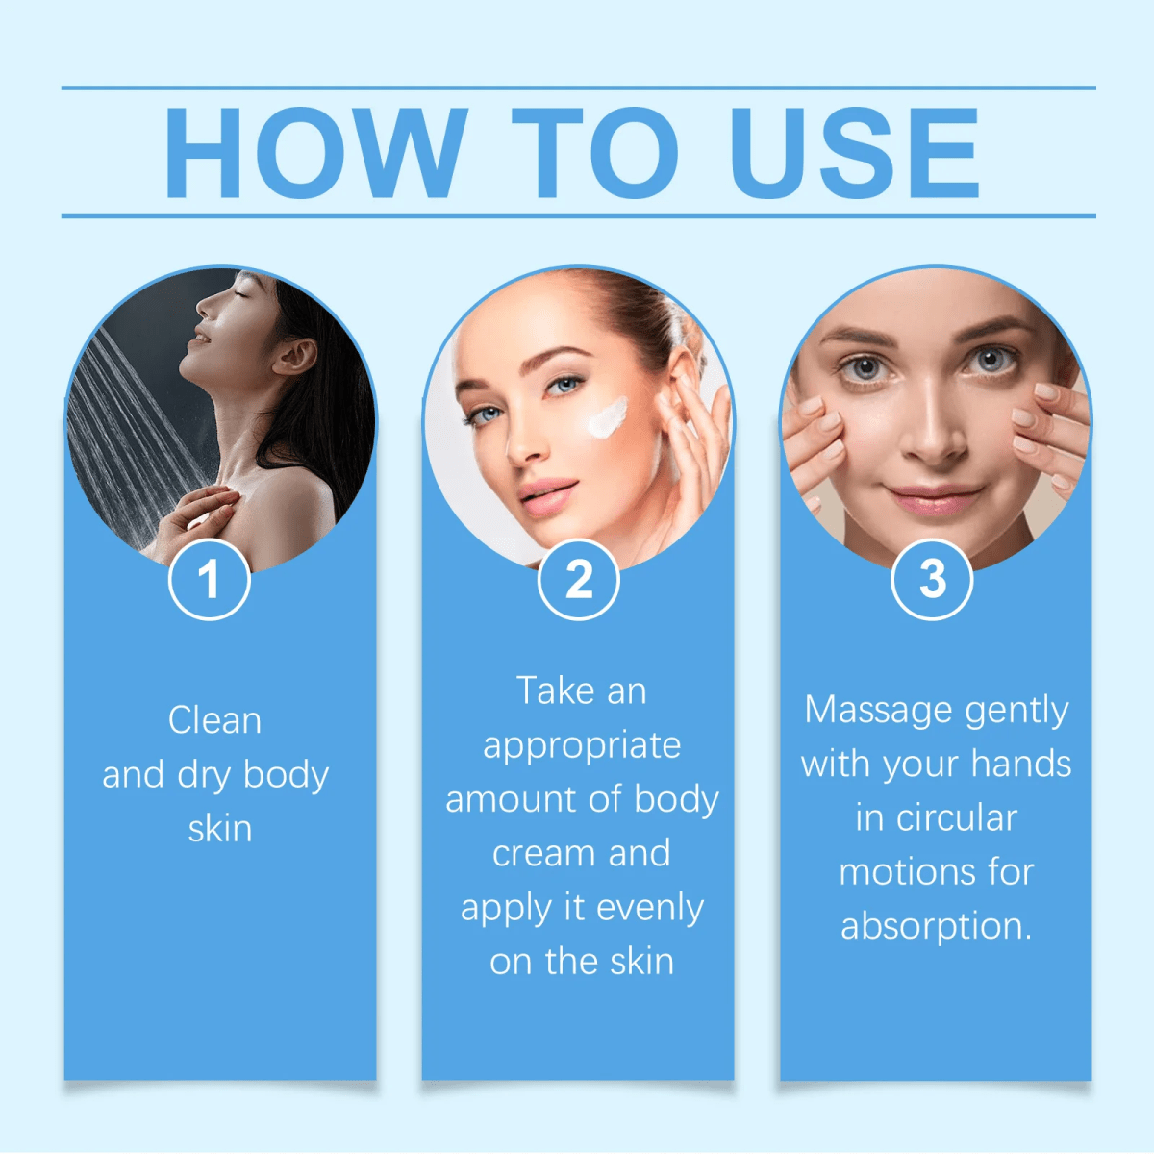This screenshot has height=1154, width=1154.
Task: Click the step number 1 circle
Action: coord(209,580)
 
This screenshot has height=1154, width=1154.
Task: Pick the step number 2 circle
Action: coord(578,580)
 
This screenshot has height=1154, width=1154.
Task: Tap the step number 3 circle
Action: coord(932,580)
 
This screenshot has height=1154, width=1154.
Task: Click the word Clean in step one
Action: coord(214,720)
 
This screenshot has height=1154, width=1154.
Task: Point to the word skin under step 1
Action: coord(220,829)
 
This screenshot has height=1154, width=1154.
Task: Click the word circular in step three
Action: coord(956,818)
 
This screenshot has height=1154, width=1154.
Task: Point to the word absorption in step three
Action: coord(935,926)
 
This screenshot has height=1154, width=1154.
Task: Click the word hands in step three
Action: coord(1020,764)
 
